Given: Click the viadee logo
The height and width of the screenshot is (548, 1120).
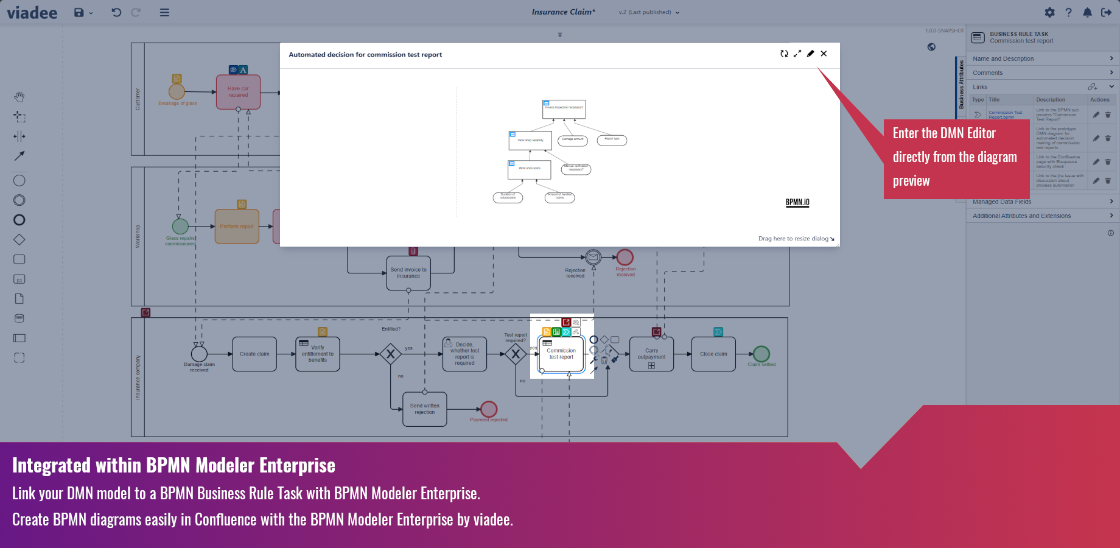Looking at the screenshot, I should pos(32,13).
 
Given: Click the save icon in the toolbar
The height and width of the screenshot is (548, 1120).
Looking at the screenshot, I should pos(79,12).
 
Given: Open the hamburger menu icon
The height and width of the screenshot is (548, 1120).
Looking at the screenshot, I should pos(164,12).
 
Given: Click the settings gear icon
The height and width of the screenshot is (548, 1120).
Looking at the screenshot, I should pos(1049,12).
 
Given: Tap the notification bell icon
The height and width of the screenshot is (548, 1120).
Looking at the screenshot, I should pos(1087,12).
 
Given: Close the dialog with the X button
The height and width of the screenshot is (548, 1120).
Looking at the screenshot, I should pos(824,54).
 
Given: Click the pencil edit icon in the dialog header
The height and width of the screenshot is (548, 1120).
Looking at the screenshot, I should pos(810,54).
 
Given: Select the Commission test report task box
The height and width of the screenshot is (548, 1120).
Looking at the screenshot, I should pos(561,354).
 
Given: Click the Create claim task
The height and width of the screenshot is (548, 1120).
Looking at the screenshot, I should pos(254,354).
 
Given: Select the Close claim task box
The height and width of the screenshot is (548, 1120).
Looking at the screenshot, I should pos(713,354).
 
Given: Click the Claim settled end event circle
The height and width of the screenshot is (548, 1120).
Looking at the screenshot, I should pos(761,354).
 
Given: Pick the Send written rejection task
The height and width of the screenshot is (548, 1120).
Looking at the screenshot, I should pos(424,409).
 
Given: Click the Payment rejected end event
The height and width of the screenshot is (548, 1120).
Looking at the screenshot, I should pos(489,409).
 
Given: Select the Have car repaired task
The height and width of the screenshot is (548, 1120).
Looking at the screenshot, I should pos(238,92).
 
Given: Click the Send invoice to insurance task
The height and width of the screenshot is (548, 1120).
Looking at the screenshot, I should pos(408,273).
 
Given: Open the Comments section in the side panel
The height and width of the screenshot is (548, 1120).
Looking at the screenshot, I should pos(1042,72).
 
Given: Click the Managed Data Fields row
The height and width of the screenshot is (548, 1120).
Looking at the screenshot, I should pos(1042,202).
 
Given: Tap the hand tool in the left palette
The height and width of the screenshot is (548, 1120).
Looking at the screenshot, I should pos(19,97).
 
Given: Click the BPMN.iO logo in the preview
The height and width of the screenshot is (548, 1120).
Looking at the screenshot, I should pos(797,202).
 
